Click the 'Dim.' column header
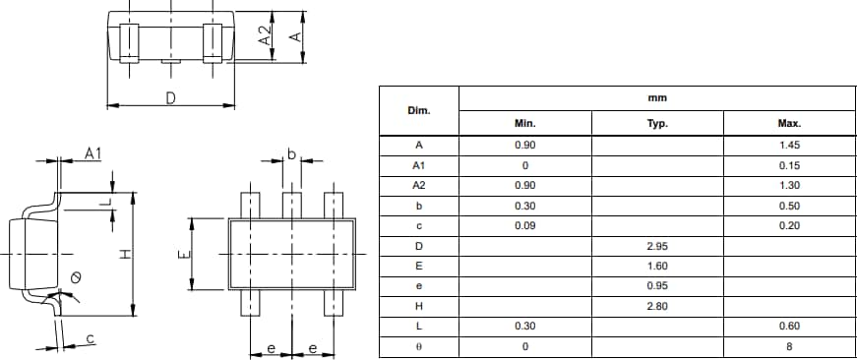tap(419, 110)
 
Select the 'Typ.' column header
tap(657, 124)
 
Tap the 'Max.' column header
tap(789, 124)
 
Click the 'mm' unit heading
tap(657, 98)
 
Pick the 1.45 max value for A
tap(789, 145)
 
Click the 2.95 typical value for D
tap(657, 245)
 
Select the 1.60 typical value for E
tap(657, 266)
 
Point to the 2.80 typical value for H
tap(657, 306)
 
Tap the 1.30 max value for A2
tap(789, 185)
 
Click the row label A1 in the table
tap(419, 165)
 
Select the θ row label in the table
tap(419, 346)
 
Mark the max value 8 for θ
tap(789, 346)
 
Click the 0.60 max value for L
tap(789, 326)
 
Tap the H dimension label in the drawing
tap(124, 255)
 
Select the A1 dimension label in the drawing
tap(93, 152)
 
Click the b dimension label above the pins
tap(291, 153)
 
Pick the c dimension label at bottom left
tap(91, 338)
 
